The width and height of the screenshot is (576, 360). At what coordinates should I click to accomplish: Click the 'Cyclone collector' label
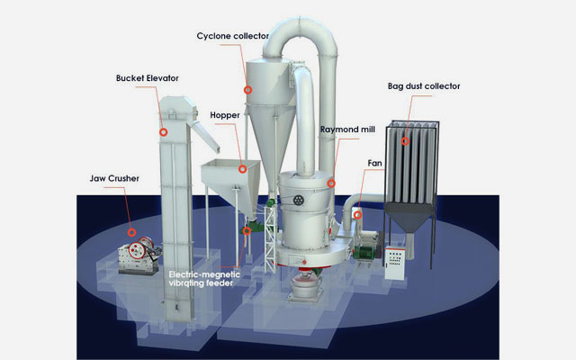[x=232, y=36]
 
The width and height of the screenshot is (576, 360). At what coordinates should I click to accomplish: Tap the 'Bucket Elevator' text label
[x=148, y=78]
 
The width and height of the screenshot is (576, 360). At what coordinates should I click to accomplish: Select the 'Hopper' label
[x=225, y=115]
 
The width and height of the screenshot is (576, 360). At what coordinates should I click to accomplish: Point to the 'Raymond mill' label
[x=347, y=130]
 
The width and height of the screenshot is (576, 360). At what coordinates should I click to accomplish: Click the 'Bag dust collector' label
[x=424, y=86]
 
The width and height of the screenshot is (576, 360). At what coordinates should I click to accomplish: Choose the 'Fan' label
[x=374, y=163]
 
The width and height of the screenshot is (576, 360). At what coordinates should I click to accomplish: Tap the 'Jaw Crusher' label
[x=114, y=178]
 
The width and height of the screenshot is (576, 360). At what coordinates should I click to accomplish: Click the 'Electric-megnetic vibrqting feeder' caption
[x=204, y=279]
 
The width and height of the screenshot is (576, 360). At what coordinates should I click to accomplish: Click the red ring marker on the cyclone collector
[x=248, y=90]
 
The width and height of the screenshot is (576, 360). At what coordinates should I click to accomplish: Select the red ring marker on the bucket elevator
[x=164, y=132]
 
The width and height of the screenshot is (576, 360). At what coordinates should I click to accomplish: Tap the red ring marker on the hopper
[x=242, y=169]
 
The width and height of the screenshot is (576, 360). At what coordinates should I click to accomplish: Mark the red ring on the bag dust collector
[x=405, y=141]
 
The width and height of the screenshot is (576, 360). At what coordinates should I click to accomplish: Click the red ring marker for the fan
[x=357, y=215]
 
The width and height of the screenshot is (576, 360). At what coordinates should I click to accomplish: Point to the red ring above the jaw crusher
[x=131, y=232]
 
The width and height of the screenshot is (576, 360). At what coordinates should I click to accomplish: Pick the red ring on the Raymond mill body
[x=331, y=183]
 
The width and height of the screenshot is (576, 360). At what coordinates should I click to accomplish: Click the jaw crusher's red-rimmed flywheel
[x=137, y=250]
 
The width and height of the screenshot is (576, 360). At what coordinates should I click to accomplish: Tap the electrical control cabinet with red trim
[x=395, y=263]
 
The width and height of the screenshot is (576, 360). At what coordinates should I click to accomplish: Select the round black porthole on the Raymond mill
[x=298, y=200]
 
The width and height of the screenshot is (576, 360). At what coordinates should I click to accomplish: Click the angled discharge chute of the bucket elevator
[x=206, y=137]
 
